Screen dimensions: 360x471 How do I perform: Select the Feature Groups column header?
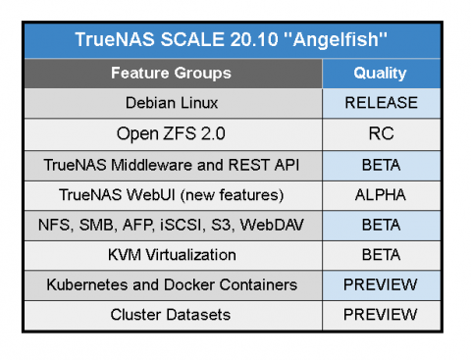171,73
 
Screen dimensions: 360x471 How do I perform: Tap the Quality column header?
380,73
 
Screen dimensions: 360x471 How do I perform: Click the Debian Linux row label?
172,103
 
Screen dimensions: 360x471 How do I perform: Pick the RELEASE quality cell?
380,103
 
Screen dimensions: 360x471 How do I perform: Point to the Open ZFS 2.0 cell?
172,133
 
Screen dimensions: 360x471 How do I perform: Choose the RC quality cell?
380,133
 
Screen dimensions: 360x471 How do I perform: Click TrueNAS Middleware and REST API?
172,164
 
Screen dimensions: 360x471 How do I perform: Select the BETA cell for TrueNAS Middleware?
380,164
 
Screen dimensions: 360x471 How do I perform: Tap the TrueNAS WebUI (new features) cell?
172,194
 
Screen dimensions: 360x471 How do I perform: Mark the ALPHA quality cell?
380,194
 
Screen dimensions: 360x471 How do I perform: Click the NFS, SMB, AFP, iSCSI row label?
172,225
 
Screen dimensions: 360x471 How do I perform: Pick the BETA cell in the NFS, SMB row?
380,225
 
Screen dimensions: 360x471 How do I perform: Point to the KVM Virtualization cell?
172,255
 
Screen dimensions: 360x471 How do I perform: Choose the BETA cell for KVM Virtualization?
380,255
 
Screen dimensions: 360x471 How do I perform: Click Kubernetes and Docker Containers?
172,285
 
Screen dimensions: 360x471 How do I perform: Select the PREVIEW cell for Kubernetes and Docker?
380,285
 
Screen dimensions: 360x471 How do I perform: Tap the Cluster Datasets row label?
172,315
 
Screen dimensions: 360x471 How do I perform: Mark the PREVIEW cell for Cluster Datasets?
380,315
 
